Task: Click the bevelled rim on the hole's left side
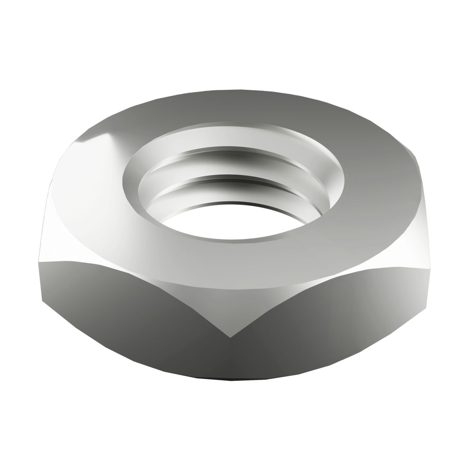click(131, 184)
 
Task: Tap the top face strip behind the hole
click(235, 110)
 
